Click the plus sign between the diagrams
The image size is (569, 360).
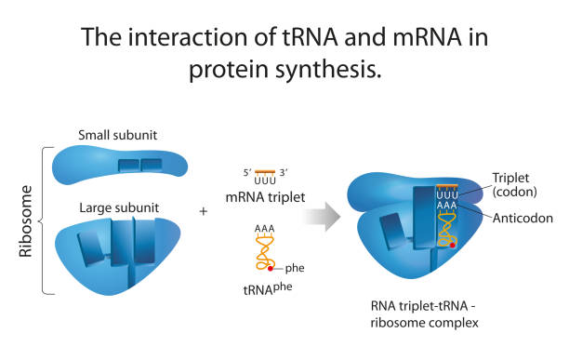204,211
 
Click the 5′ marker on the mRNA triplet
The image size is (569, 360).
245,172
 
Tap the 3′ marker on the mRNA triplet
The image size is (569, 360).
284,172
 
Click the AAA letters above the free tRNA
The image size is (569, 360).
264,228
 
